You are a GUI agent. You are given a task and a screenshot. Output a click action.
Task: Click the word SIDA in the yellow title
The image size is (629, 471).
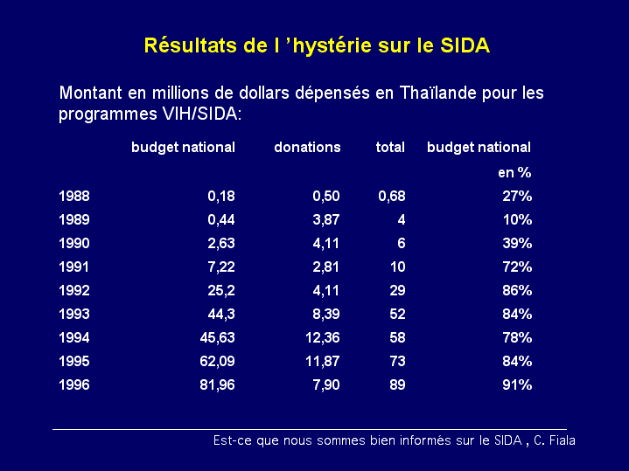click(x=463, y=46)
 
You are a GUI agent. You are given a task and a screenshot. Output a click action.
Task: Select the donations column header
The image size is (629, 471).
click(x=307, y=148)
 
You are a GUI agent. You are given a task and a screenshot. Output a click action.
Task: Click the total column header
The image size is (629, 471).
click(x=390, y=148)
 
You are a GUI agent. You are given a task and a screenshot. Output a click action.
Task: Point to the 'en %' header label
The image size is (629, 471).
click(x=514, y=173)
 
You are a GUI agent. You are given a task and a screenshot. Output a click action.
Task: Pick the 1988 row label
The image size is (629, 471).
click(x=73, y=197)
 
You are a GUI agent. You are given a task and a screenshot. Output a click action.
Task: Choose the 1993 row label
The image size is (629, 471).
click(x=73, y=315)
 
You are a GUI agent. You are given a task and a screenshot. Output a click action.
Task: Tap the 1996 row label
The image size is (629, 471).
click(x=73, y=385)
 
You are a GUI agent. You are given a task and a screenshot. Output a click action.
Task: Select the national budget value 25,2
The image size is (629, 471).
click(x=220, y=291)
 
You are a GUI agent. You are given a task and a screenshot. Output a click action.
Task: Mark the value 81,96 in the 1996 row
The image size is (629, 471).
click(x=216, y=385)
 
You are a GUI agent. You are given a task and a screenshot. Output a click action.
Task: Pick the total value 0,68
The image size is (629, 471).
click(x=391, y=197)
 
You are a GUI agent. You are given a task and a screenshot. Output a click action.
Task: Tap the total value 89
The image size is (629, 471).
click(x=396, y=385)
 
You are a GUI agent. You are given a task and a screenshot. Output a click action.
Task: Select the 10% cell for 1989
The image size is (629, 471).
click(x=517, y=220)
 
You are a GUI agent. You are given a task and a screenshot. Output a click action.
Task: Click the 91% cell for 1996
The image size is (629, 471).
click(x=517, y=385)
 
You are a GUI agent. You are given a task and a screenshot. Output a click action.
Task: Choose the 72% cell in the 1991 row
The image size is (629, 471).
click(x=517, y=267)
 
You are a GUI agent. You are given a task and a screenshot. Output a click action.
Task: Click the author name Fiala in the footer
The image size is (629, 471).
click(x=560, y=441)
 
